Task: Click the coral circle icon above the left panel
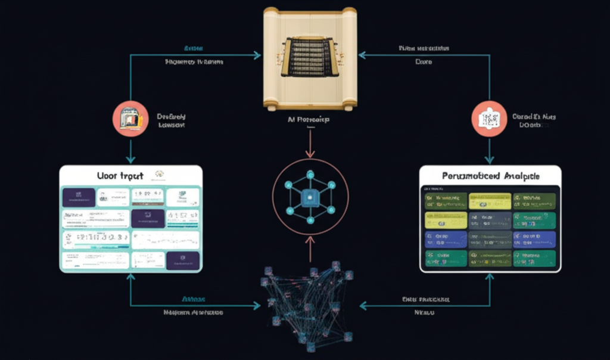130,119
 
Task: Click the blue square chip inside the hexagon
309,197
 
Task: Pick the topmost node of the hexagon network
309,173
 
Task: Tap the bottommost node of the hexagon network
309,220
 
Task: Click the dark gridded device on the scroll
309,57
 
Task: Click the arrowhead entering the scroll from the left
257,55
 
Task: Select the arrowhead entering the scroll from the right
362,55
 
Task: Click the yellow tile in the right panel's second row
444,220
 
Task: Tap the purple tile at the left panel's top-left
79,197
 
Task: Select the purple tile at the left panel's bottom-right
182,259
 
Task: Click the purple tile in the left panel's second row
147,218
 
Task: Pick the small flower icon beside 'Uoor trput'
159,175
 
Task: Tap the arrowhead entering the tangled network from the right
362,306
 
